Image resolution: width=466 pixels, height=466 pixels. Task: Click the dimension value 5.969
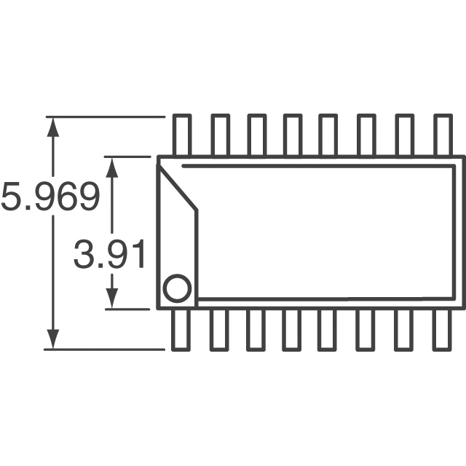pyautogui.click(x=50, y=197)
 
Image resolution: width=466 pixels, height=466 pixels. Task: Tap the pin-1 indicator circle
pyautogui.click(x=176, y=288)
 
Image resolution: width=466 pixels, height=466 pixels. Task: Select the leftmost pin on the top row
pyautogui.click(x=182, y=135)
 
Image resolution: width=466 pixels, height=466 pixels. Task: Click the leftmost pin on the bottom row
pyautogui.click(x=182, y=329)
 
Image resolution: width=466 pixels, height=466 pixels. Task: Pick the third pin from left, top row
pyautogui.click(x=256, y=135)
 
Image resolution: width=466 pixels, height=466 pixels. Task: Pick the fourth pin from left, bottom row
pyautogui.click(x=293, y=329)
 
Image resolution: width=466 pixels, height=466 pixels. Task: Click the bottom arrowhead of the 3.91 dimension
pyautogui.click(x=112, y=298)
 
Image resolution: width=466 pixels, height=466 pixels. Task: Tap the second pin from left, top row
pyautogui.click(x=220, y=135)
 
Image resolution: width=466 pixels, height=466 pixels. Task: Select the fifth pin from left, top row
pyautogui.click(x=329, y=135)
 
